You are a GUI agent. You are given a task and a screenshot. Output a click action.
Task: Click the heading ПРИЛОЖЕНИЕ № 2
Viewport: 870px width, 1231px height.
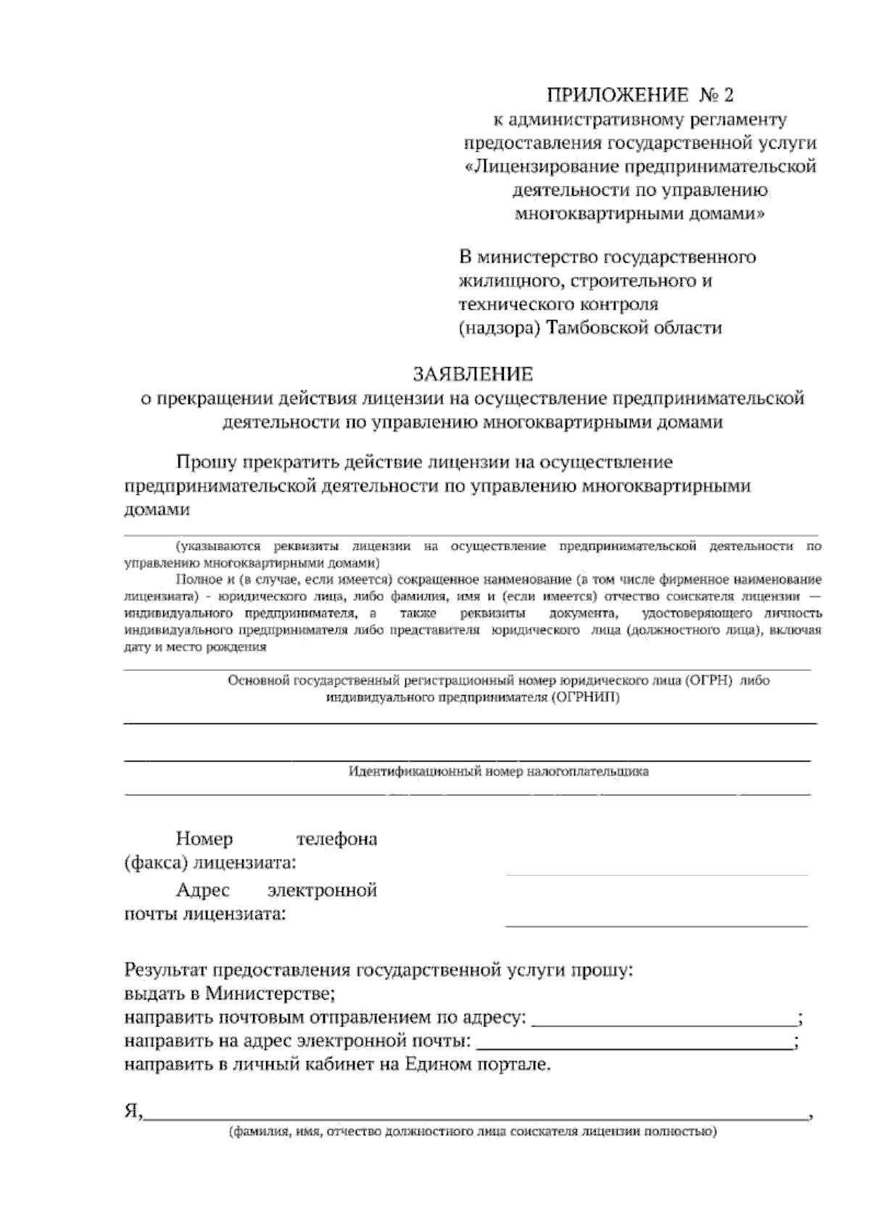[x=640, y=95]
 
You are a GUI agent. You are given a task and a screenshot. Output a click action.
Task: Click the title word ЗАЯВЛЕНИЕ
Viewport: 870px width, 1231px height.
[x=473, y=374]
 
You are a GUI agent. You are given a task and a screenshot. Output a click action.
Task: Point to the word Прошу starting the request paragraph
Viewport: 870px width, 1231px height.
[x=207, y=462]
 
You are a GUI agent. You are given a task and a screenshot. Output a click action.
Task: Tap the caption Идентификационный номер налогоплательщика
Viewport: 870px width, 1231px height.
[x=499, y=772]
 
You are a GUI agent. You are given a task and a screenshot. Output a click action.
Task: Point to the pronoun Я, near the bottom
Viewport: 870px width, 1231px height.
[x=133, y=1113]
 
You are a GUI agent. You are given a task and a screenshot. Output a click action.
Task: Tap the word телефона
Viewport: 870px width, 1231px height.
[x=336, y=839]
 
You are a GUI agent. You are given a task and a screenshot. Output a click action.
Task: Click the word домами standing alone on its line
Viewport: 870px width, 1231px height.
[x=157, y=510]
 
